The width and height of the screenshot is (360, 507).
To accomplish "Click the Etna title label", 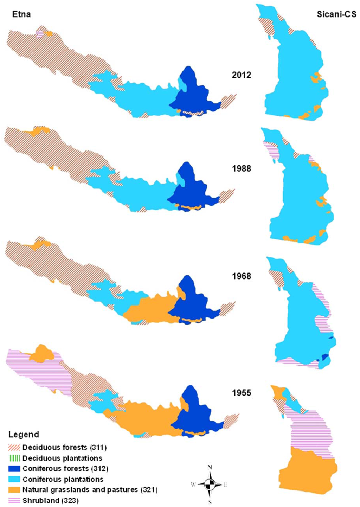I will tap(21, 14).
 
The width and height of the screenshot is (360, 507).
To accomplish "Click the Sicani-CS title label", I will tap(336, 14).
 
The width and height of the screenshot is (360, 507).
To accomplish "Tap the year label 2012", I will tap(242, 75).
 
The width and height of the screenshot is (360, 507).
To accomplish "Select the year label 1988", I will tap(242, 168).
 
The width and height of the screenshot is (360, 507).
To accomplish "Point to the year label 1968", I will tap(242, 276).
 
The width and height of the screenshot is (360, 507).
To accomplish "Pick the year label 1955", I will tap(242, 393).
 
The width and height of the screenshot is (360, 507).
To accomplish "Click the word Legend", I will tap(24, 435).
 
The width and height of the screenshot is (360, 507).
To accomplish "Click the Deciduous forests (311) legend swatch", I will tap(14, 448).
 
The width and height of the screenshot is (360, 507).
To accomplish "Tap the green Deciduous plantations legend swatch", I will tap(14, 458).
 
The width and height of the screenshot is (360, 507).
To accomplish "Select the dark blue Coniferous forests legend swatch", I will tap(14, 469).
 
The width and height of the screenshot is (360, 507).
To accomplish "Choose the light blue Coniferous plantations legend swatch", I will tap(14, 479).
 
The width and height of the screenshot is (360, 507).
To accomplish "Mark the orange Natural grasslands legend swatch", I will tap(14, 489).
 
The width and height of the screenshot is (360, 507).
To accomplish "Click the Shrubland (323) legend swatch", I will tap(14, 500).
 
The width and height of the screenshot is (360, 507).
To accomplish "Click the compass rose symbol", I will tap(210, 484).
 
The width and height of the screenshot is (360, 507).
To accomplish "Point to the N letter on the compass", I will tap(210, 467).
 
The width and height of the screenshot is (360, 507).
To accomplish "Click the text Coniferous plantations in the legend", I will tap(63, 479).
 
